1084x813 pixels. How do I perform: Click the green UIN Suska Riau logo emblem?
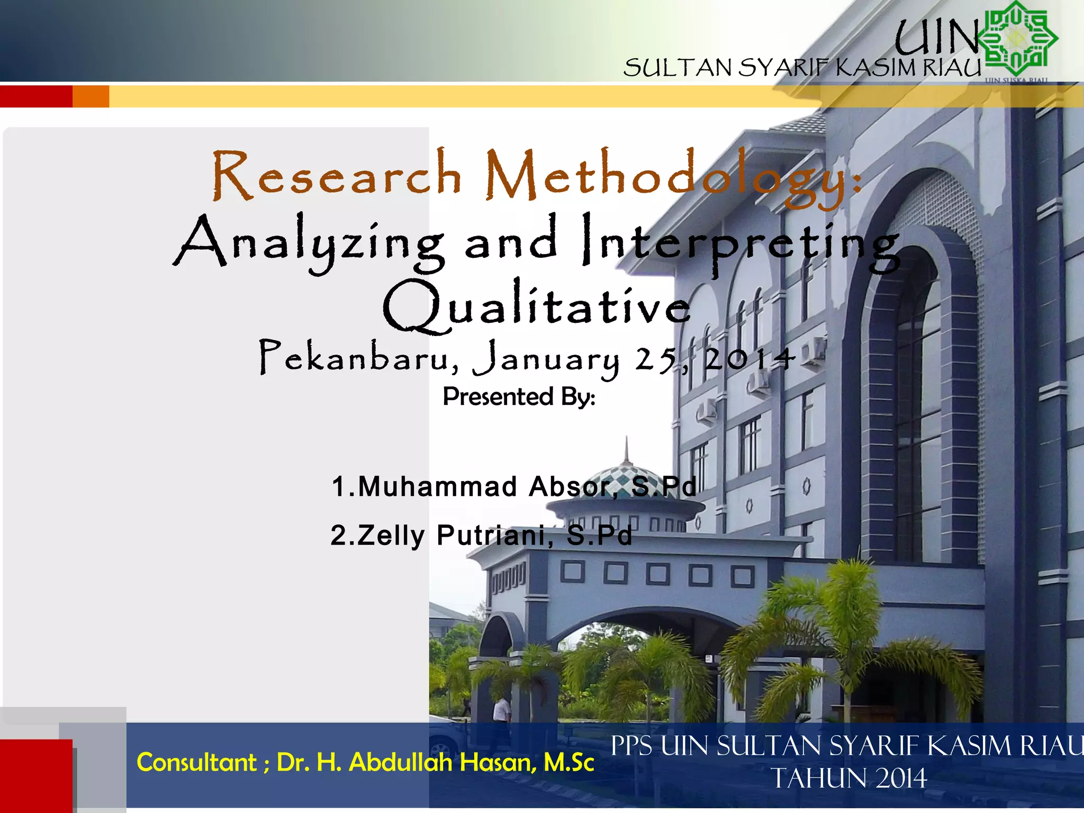1017,40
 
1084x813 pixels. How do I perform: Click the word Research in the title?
337,175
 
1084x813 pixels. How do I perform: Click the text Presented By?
519,396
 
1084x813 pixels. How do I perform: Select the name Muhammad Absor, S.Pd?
513,486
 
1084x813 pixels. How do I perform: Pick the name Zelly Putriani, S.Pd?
482,535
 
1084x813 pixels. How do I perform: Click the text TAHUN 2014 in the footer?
849,778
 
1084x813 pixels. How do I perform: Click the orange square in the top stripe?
91,96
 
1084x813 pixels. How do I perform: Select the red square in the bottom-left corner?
36,775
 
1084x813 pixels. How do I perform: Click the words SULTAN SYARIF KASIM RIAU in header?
802,68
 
